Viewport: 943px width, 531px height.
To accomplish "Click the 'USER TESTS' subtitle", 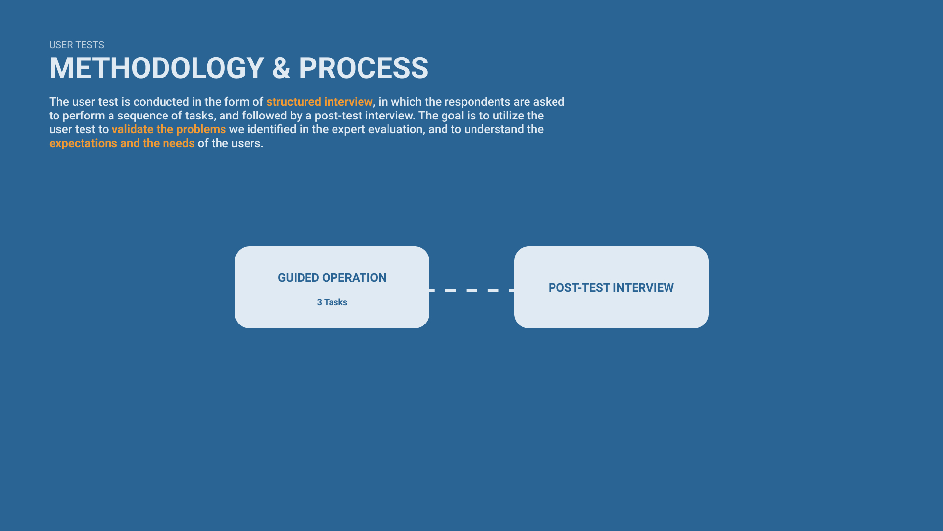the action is pos(77,45).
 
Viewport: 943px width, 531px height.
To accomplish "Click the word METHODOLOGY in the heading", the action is pos(157,68).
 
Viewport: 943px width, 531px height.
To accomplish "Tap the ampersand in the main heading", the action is pos(281,68).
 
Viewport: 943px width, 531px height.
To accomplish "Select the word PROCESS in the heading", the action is pos(363,68).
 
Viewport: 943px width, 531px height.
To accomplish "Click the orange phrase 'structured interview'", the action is pos(319,102).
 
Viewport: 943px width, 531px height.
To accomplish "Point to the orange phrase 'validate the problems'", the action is pos(169,129).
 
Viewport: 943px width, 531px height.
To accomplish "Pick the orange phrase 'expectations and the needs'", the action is pos(122,143).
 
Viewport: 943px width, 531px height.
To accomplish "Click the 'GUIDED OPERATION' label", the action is pos(332,278).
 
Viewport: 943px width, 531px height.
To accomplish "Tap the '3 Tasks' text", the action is pos(332,302).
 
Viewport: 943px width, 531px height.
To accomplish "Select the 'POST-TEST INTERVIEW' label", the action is pos(611,288).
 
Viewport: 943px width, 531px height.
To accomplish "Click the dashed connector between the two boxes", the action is pos(471,290).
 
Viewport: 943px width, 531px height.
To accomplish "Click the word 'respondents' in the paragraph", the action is pos(477,102).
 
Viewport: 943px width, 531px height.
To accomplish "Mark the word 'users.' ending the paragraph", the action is pos(247,143).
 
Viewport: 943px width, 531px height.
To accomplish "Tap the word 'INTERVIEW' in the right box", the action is pos(643,288).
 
